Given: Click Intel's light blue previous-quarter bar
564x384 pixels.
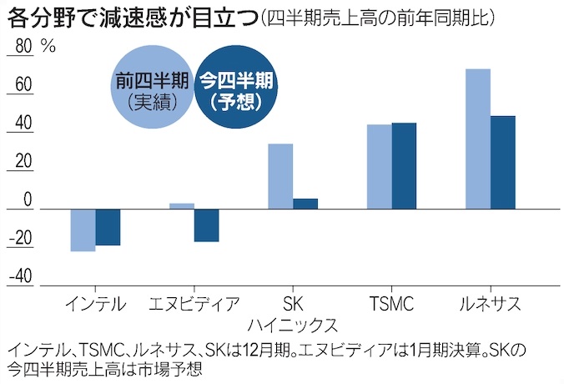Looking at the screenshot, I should tap(83, 230).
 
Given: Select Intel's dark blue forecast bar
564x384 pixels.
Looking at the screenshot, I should tap(108, 227).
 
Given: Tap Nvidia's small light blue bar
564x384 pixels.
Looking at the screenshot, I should tap(182, 206).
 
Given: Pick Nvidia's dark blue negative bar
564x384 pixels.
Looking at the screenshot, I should tap(207, 225).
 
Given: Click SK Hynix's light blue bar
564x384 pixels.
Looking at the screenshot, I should tap(280, 176).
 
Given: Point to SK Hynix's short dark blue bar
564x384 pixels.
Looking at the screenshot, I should tap(305, 204).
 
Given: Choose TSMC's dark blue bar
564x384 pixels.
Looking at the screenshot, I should tap(404, 166).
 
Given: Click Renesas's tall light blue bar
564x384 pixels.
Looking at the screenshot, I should tap(478, 139).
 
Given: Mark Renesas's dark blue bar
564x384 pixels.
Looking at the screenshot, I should tap(502, 163).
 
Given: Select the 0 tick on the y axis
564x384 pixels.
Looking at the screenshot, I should tap(28, 200).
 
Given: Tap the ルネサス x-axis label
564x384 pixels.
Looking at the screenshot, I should tap(491, 303).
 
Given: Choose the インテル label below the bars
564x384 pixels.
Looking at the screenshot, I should tap(95, 303).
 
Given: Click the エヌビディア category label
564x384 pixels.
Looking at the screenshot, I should tap(194, 303).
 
